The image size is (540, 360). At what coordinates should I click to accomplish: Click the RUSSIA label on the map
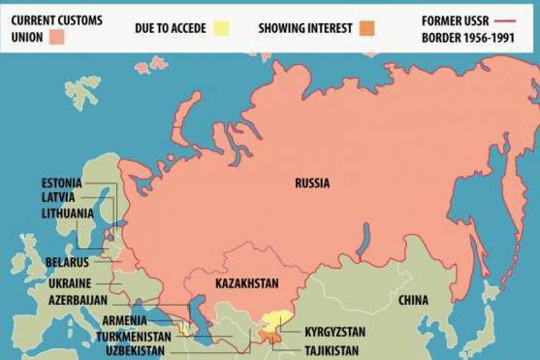pyautogui.click(x=312, y=183)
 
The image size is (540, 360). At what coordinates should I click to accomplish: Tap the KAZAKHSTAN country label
pyautogui.click(x=246, y=283)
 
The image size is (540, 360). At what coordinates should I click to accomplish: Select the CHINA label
pyautogui.click(x=413, y=301)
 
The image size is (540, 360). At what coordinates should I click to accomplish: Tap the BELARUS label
pyautogui.click(x=67, y=262)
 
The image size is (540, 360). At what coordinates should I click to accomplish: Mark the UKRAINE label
pyautogui.click(x=70, y=282)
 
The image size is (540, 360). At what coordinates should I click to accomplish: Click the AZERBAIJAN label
pyautogui.click(x=78, y=300)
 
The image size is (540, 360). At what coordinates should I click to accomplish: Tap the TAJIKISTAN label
pyautogui.click(x=332, y=349)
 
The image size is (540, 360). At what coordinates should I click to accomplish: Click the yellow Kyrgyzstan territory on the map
pyautogui.click(x=279, y=320)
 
